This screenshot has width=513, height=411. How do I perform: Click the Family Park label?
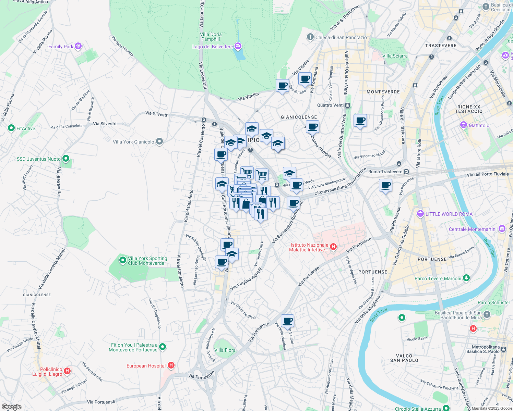click(61, 47)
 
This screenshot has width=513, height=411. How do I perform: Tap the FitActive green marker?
click(11, 128)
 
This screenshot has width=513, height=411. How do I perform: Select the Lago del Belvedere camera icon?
click(238, 46)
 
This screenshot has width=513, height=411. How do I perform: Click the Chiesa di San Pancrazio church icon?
click(310, 37)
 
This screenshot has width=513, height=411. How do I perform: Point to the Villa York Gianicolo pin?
click(159, 141)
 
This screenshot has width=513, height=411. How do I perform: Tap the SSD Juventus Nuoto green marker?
click(66, 159)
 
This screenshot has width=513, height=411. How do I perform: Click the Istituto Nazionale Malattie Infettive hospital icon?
click(333, 247)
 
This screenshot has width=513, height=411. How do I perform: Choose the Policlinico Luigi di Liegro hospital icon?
click(67, 371)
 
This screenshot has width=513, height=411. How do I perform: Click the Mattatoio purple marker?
click(464, 125)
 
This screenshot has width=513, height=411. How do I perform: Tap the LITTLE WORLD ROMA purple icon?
click(420, 214)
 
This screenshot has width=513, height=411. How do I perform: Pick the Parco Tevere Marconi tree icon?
click(466, 278)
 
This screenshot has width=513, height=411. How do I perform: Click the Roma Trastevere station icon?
click(406, 172)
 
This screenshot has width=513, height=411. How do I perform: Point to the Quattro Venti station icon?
click(348, 105)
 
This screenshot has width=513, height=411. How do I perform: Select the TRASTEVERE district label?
click(441, 46)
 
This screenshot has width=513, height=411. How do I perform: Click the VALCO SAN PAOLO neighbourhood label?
click(404, 358)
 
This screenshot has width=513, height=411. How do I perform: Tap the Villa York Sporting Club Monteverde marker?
click(123, 260)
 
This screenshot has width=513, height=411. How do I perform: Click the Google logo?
click(12, 407)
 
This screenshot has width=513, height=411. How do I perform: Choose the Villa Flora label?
click(225, 350)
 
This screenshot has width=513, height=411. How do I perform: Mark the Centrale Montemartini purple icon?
click(502, 228)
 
